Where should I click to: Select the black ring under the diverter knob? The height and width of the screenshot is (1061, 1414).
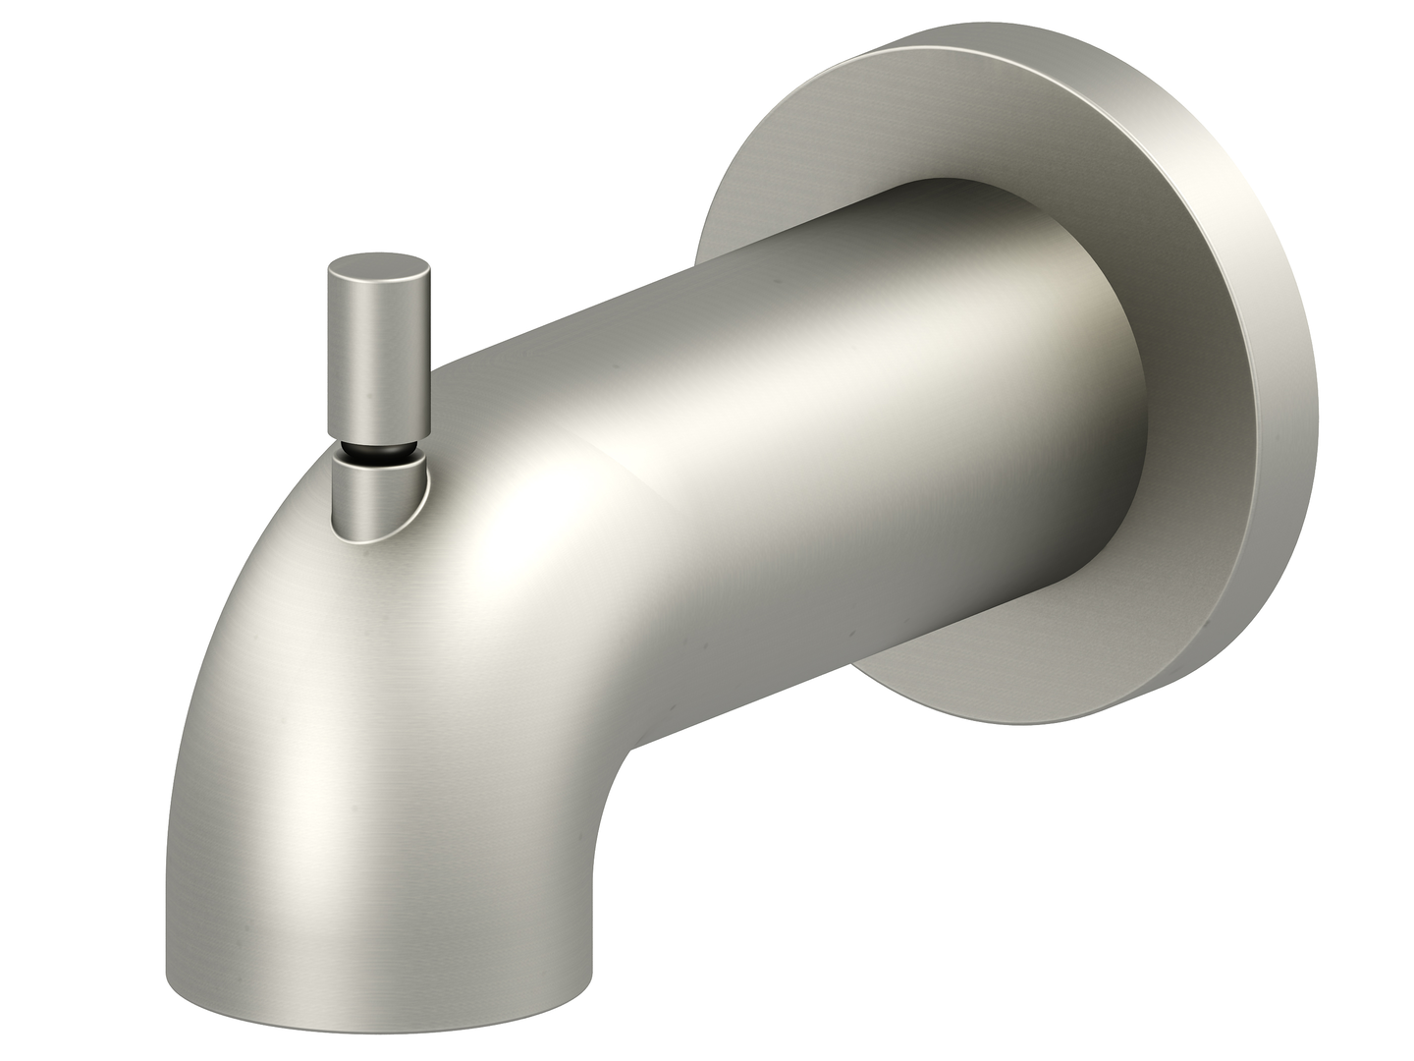(x=379, y=453)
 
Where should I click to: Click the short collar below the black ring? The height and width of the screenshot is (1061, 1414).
(x=377, y=496)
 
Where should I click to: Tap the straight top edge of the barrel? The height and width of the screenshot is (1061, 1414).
(x=687, y=265)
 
